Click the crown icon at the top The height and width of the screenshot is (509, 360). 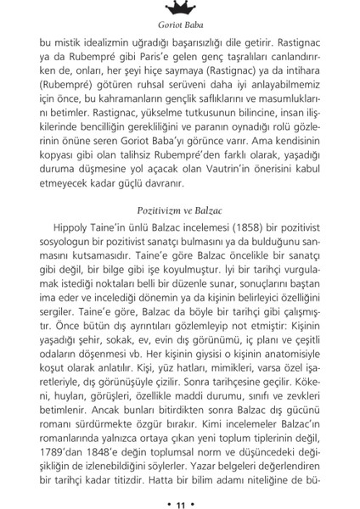179,8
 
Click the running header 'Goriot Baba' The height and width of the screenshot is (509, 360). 179,25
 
